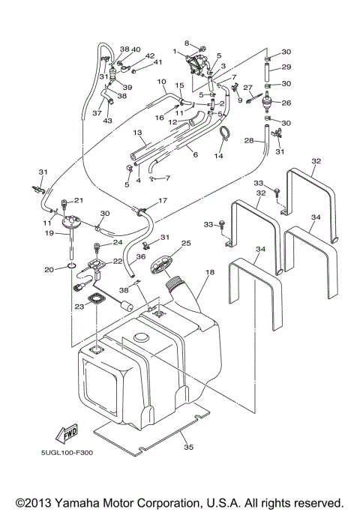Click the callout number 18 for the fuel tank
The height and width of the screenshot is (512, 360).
[x=209, y=274]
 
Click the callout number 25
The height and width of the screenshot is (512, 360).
[x=186, y=244]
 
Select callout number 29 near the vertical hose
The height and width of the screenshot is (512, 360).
[x=286, y=67]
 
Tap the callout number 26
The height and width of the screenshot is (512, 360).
[x=286, y=103]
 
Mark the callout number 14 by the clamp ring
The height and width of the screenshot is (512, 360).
[x=218, y=156]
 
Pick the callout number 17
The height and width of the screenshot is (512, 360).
[x=163, y=200]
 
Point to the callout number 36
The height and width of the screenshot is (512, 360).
[x=141, y=256]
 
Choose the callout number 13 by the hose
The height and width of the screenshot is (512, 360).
[x=137, y=133]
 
